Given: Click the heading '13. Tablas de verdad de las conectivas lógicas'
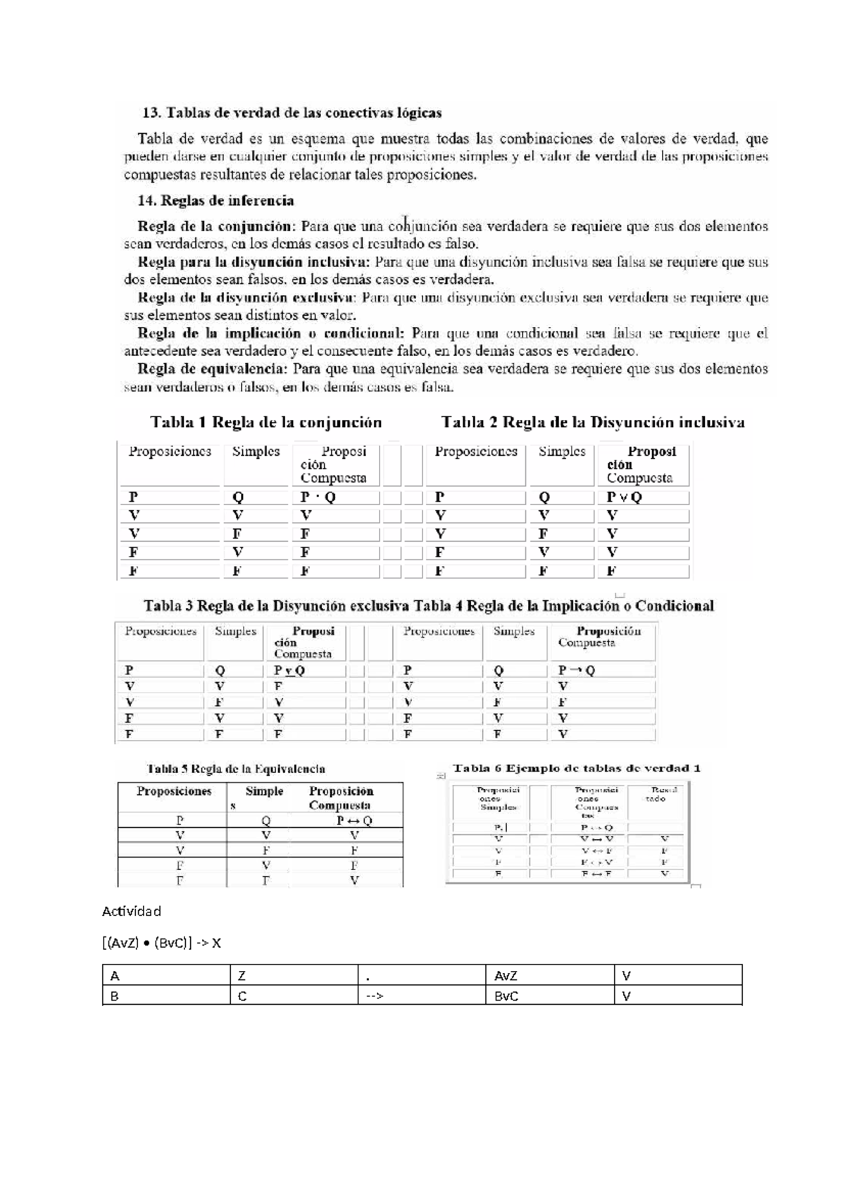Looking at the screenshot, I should [292, 113].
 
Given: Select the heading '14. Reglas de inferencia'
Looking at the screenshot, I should [215, 201].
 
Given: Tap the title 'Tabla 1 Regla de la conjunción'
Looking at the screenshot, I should [265, 423].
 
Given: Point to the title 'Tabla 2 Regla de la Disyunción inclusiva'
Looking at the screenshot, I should [592, 423].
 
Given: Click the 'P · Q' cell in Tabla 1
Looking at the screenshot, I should [318, 497].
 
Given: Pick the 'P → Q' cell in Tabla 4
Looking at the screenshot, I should [577, 671].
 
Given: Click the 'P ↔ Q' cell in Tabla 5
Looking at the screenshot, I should [354, 820].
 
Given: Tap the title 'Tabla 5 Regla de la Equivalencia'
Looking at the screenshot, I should [236, 769].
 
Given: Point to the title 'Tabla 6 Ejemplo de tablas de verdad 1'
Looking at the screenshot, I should [576, 769].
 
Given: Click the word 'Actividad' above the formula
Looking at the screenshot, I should [132, 911].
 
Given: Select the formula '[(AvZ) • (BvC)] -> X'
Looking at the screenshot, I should [162, 943].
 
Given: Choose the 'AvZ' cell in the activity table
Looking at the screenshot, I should [506, 976].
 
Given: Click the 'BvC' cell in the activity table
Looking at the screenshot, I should [506, 996].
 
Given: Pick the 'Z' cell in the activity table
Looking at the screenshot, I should [242, 976].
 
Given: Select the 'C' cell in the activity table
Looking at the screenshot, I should [242, 996].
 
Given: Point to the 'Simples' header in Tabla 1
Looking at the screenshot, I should [256, 452].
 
